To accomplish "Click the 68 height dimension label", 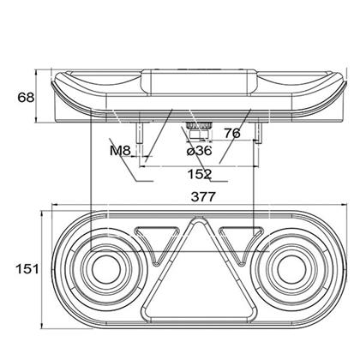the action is click(x=26, y=98).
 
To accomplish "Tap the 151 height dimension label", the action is click(x=27, y=269).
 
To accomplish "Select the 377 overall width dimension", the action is click(x=203, y=197).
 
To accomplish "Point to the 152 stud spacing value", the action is click(x=200, y=174).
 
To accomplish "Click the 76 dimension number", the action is click(x=232, y=133).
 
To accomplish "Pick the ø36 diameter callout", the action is click(x=200, y=150).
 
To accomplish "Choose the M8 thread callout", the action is click(x=120, y=151).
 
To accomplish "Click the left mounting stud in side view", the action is click(x=139, y=132).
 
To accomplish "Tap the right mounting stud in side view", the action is click(x=258, y=132).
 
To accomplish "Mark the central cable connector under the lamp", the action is click(x=199, y=130).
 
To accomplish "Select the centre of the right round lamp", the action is click(x=291, y=269).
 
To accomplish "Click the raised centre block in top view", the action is click(x=199, y=82).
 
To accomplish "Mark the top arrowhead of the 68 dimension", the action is click(x=36, y=72).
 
